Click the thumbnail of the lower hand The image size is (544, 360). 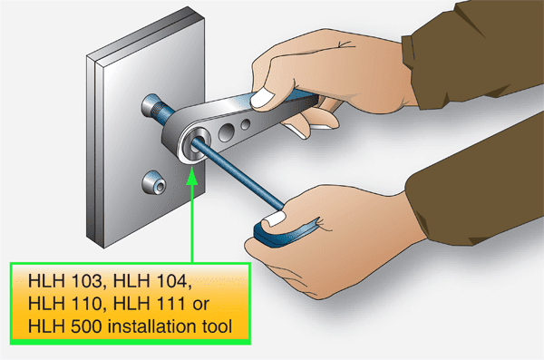[x=272, y=220]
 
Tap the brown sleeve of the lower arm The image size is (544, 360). [x=481, y=218]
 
